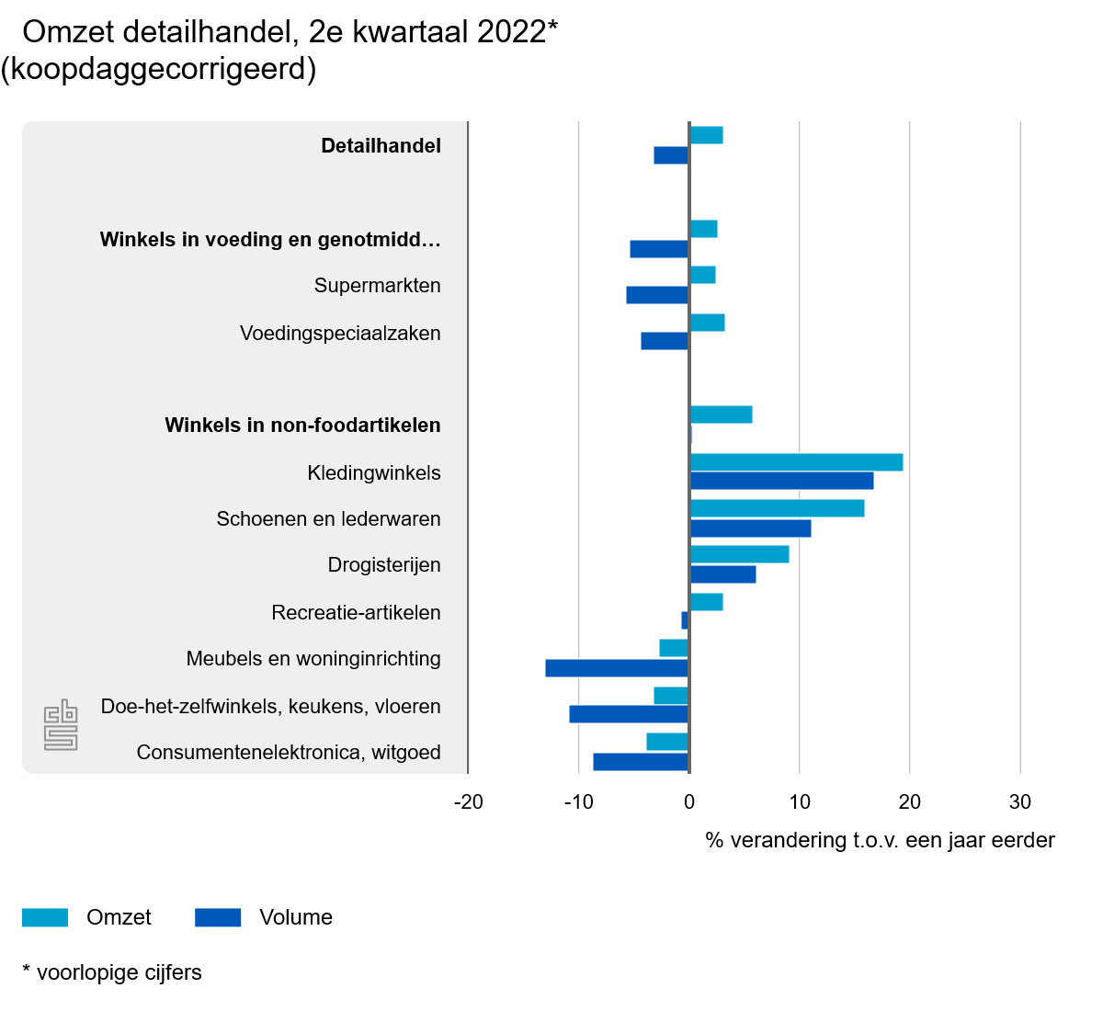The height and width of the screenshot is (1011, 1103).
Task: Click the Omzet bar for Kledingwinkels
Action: click(796, 462)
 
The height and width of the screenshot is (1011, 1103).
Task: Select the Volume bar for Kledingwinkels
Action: click(781, 481)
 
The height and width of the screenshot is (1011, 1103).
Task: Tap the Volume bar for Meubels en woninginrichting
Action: click(617, 668)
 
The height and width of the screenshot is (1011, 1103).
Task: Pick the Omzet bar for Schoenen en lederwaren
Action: click(777, 508)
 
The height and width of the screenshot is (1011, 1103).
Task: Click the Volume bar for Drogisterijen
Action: click(722, 574)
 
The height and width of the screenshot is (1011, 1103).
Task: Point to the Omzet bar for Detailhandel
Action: click(706, 135)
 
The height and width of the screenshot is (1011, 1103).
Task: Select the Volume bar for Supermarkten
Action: click(657, 295)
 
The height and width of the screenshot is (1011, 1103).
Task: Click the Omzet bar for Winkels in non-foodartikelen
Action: click(721, 415)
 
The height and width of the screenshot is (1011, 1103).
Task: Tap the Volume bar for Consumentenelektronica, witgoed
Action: click(641, 762)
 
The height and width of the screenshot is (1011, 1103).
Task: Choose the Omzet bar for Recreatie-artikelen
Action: click(706, 602)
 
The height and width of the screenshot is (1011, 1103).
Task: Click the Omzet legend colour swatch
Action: click(45, 917)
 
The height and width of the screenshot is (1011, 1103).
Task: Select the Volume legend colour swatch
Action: click(218, 917)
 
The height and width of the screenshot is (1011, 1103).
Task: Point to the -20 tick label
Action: click(469, 802)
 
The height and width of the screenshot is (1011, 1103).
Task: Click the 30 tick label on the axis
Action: click(1020, 802)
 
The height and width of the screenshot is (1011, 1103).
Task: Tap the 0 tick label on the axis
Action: click(689, 802)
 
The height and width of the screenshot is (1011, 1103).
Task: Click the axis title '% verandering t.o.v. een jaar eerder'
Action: click(880, 841)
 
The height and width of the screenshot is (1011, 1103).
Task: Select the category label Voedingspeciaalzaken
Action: click(340, 334)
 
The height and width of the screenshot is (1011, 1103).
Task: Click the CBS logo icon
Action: click(61, 725)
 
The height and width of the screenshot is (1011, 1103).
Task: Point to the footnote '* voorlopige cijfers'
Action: click(112, 972)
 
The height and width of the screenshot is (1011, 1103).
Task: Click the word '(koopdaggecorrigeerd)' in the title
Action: click(158, 69)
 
